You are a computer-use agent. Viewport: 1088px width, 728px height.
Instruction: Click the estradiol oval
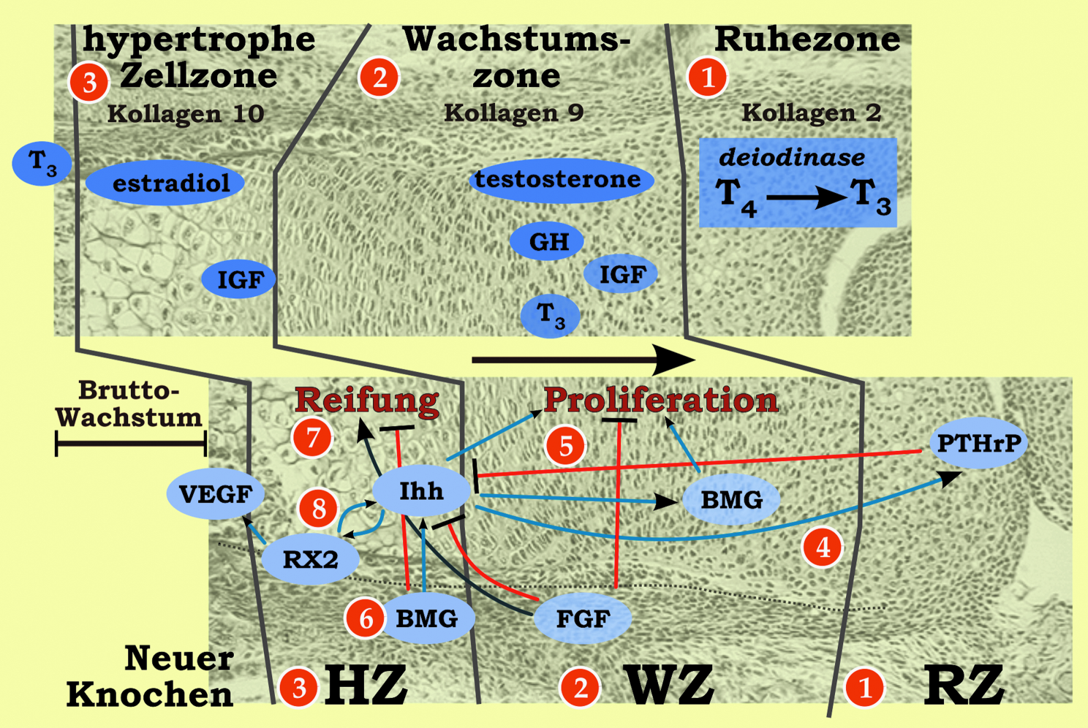[x=165, y=183]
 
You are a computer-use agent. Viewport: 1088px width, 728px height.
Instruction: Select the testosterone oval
[x=559, y=180]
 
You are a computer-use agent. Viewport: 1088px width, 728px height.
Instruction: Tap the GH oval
[x=547, y=242]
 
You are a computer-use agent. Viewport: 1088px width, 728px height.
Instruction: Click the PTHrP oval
[x=978, y=443]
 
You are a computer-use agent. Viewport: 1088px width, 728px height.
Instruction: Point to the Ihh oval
[x=421, y=491]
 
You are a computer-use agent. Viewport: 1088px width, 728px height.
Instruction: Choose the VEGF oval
[x=215, y=495]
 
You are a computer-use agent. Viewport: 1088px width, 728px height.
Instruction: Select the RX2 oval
[x=311, y=560]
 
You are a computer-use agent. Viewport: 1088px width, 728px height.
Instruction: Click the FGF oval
[x=583, y=619]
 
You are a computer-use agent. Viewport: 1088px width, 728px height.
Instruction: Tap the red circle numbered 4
[x=822, y=547]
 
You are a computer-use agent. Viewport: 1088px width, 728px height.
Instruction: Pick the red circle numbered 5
[x=566, y=446]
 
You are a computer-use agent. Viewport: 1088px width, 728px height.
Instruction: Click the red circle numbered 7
[x=313, y=438]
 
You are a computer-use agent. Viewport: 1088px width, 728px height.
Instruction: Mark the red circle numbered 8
[x=318, y=508]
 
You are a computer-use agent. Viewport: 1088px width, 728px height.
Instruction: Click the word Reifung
[x=366, y=401]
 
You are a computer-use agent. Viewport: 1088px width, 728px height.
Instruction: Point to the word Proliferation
[x=660, y=401]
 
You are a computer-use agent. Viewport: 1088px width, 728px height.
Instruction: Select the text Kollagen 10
[x=185, y=114]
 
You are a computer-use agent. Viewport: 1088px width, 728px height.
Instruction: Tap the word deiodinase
[x=792, y=157]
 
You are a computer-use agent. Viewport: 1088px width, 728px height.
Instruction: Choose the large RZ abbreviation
[x=964, y=686]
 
